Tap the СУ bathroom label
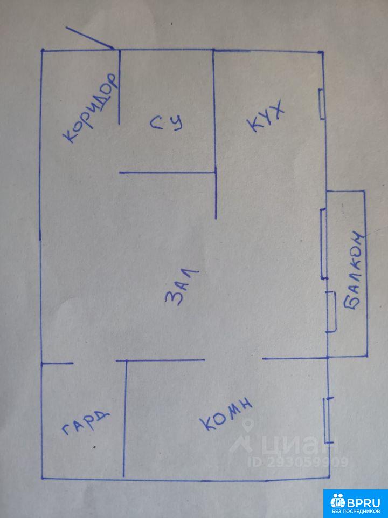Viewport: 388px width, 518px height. [x=167, y=123]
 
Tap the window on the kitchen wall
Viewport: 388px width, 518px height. [x=322, y=104]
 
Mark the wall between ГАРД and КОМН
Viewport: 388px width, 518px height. [x=125, y=418]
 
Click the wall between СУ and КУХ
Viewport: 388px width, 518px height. [x=214, y=135]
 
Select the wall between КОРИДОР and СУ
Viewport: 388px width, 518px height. [x=119, y=86]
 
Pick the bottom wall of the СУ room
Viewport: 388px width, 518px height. [x=167, y=173]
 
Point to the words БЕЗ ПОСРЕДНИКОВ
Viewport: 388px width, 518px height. [x=355, y=510]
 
